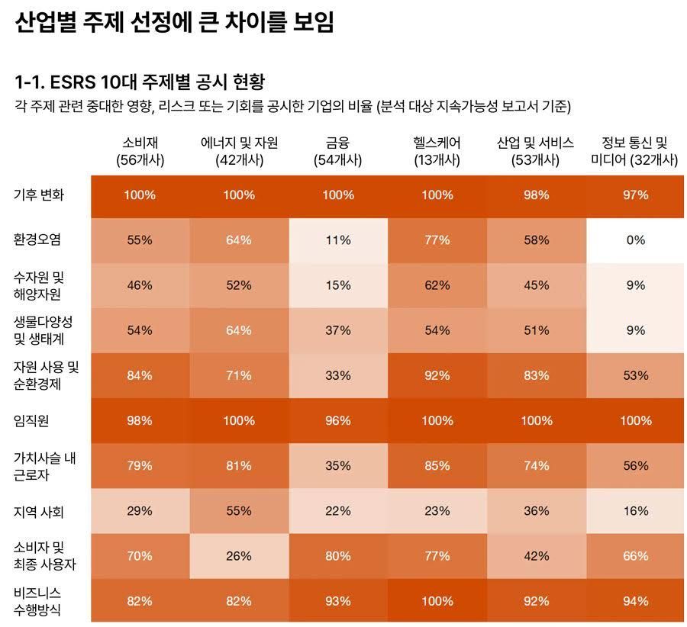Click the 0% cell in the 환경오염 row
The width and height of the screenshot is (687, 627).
(635, 240)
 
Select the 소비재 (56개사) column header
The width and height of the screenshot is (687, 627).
(140, 151)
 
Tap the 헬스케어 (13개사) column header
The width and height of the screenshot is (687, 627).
(437, 151)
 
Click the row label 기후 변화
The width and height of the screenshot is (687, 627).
(39, 195)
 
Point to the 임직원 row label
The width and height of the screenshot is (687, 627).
(31, 420)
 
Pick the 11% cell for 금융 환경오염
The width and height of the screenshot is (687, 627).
(338, 240)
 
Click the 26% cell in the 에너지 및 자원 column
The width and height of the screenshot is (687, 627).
(239, 556)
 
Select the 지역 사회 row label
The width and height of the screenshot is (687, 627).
(38, 511)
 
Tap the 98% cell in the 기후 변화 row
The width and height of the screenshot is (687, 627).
(536, 195)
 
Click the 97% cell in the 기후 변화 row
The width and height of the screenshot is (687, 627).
(635, 195)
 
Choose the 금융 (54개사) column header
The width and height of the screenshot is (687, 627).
(337, 151)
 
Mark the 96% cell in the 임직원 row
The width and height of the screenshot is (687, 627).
(338, 420)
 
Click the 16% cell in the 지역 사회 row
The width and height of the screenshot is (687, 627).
(635, 511)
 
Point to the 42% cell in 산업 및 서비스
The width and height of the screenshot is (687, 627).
(536, 556)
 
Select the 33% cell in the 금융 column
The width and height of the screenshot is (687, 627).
(338, 375)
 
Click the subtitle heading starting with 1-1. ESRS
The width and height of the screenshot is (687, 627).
(139, 81)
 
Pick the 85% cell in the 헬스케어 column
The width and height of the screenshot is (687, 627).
(437, 466)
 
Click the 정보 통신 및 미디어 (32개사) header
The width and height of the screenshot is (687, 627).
(634, 151)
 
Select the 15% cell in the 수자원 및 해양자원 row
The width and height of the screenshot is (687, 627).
(338, 285)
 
